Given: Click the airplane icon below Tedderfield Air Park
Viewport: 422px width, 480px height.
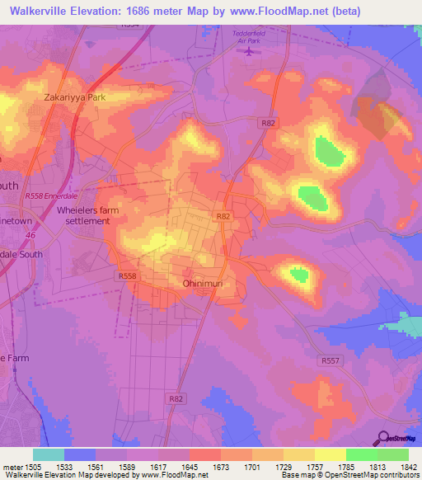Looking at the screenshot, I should point(248,52).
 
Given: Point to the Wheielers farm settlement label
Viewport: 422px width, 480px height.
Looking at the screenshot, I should point(83,215).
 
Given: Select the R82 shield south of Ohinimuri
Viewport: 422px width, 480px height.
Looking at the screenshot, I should point(175,398).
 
